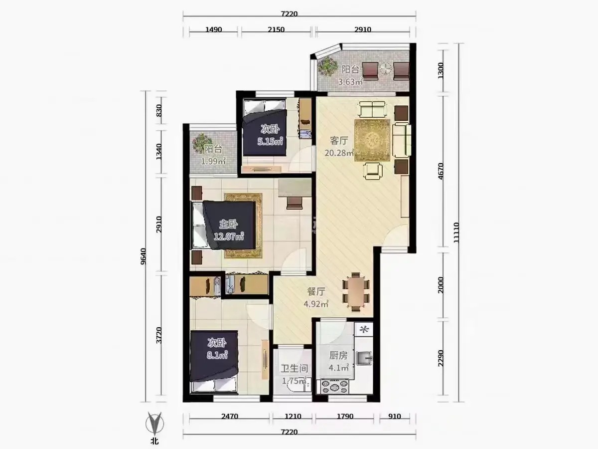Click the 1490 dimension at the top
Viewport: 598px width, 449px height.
214,29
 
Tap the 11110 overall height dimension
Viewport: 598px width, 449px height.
456,233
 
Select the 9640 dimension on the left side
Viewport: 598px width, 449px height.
144,256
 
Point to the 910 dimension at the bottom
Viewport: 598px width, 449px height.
395,416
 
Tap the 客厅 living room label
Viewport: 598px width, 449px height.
339,141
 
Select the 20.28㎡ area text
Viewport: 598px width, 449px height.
339,153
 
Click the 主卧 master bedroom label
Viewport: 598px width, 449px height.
228,224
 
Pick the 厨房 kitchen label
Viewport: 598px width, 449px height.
338,356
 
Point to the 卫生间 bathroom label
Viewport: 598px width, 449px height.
295,368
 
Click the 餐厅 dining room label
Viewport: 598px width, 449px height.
316,292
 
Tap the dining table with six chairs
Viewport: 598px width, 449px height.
356,292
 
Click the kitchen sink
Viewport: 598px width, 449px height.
364,358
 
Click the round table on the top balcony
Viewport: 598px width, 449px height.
386,68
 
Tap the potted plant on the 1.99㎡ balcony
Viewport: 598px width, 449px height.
201,142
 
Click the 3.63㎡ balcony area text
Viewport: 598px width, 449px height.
350,81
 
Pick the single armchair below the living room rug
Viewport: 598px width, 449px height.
373,171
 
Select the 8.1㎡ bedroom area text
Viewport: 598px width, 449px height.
217,355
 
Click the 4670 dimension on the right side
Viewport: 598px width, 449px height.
441,171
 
